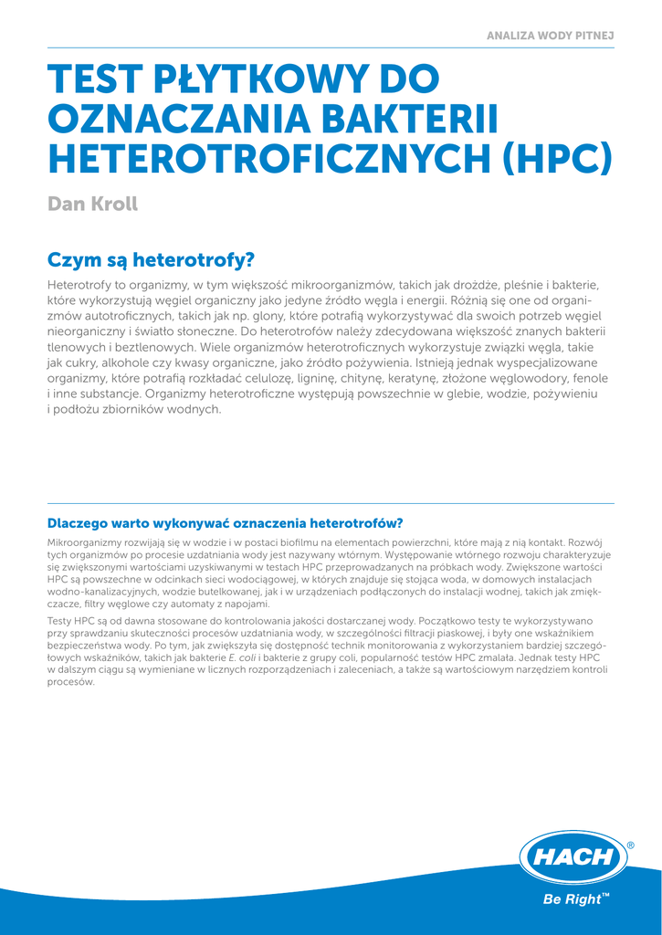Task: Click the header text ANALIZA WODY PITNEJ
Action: [550, 35]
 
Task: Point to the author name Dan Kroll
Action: [92, 204]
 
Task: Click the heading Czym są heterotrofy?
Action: [151, 260]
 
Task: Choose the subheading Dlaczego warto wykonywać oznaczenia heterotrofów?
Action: [225, 523]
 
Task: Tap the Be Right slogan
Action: [573, 899]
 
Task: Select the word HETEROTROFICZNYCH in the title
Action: [268, 157]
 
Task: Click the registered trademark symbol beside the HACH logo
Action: [630, 846]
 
